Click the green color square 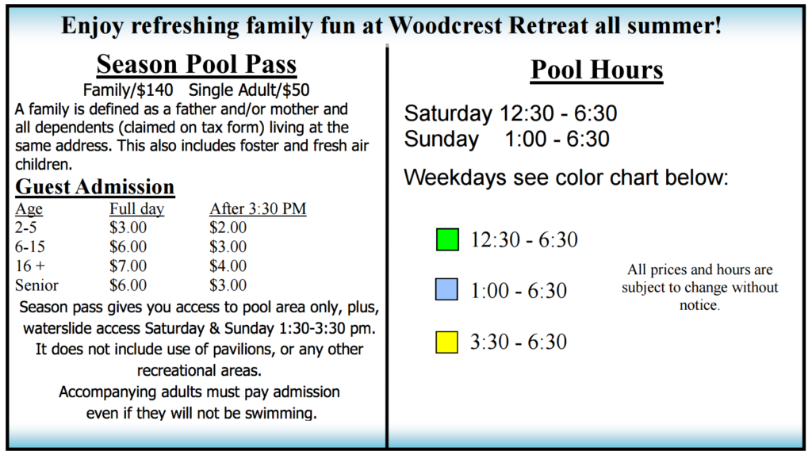447,239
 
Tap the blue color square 447,290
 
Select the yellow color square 447,342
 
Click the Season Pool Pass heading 196,63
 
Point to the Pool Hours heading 596,70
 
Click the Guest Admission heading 95,187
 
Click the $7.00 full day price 128,266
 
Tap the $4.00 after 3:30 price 228,266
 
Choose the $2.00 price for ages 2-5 228,227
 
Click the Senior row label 36,285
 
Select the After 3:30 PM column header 258,209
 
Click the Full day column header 136,209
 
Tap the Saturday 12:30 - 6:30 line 511,113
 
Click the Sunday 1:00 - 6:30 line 507,140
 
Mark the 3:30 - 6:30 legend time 519,342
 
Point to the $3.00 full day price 128,227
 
